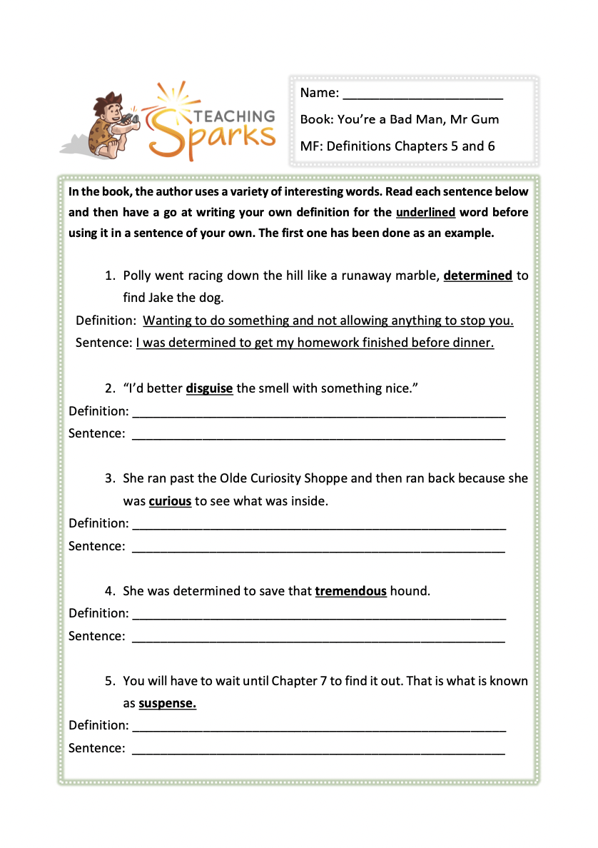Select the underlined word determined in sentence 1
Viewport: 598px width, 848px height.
(x=477, y=276)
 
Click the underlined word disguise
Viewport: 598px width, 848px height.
(x=209, y=388)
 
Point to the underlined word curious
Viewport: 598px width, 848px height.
(x=170, y=501)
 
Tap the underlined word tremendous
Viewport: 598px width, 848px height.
(x=350, y=591)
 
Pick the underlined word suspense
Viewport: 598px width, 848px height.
(x=167, y=703)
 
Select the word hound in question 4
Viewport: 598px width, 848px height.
(x=410, y=591)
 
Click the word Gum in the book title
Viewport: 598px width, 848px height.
(x=486, y=119)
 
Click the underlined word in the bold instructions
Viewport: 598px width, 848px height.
(x=425, y=212)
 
